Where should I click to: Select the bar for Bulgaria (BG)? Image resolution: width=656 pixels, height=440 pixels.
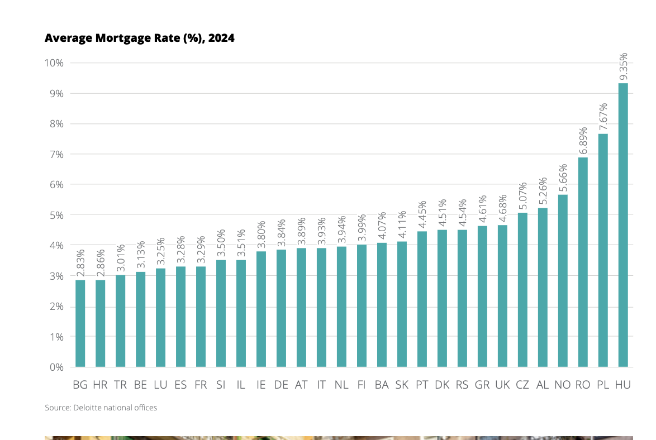click(80, 323)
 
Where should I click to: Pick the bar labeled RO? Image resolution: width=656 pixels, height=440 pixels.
click(583, 262)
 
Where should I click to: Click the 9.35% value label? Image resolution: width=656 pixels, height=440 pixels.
click(624, 66)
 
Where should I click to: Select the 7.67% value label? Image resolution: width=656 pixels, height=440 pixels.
click(603, 117)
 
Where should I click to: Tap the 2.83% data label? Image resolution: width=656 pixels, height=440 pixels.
click(80, 263)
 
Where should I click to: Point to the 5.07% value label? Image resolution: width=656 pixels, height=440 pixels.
click(523, 196)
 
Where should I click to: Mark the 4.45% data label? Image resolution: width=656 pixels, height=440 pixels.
click(422, 214)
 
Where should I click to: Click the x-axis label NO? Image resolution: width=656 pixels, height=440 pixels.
click(562, 385)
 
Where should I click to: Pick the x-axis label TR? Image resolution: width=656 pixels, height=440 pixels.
click(120, 385)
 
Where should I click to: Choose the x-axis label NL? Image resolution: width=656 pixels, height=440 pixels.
click(341, 385)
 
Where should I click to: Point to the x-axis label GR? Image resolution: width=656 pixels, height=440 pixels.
click(482, 385)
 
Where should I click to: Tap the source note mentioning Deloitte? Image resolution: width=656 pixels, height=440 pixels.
click(101, 408)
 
